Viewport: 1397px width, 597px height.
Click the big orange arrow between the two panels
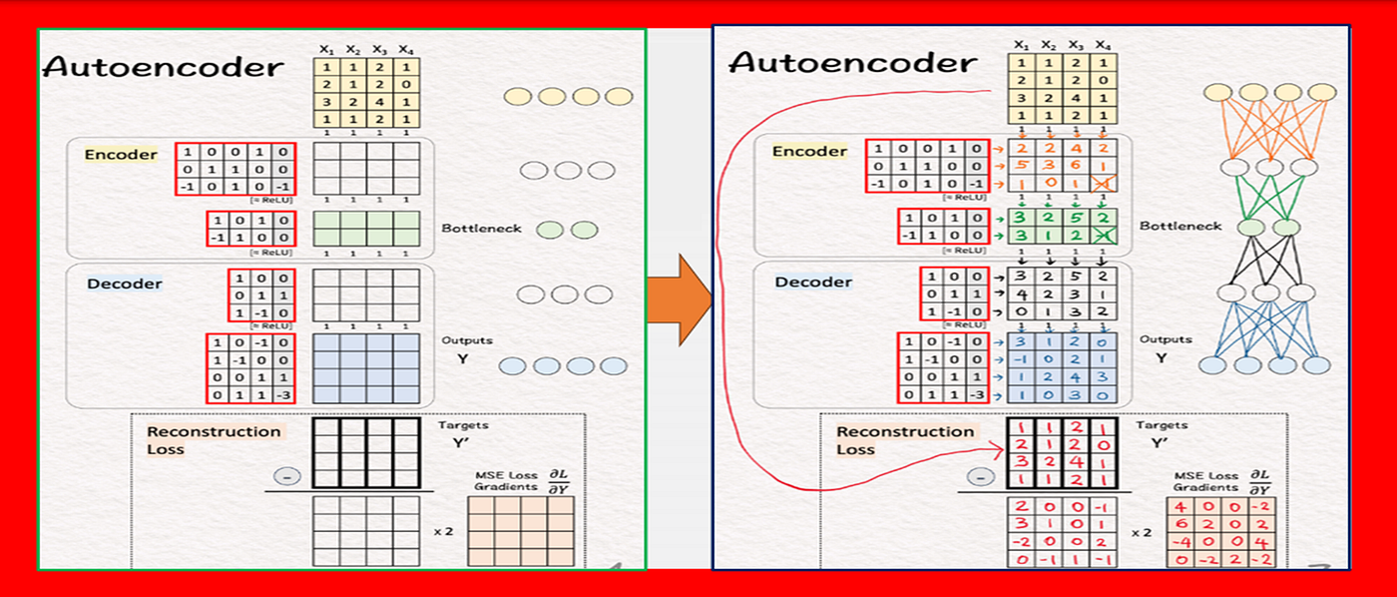tap(678, 298)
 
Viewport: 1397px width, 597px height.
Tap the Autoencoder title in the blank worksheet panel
tap(163, 68)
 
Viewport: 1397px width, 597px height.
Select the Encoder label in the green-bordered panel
tap(121, 155)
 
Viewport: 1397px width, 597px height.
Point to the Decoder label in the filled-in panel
tap(813, 282)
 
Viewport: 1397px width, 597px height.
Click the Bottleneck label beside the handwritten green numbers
tap(1180, 227)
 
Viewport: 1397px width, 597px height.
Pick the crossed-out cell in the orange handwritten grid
tap(1103, 184)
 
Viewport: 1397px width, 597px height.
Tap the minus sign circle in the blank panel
tap(288, 477)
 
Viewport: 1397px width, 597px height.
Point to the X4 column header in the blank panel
tap(405, 49)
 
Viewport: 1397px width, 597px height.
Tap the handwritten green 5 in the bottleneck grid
tap(1076, 218)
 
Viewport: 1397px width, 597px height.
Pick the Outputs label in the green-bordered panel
tap(461, 340)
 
